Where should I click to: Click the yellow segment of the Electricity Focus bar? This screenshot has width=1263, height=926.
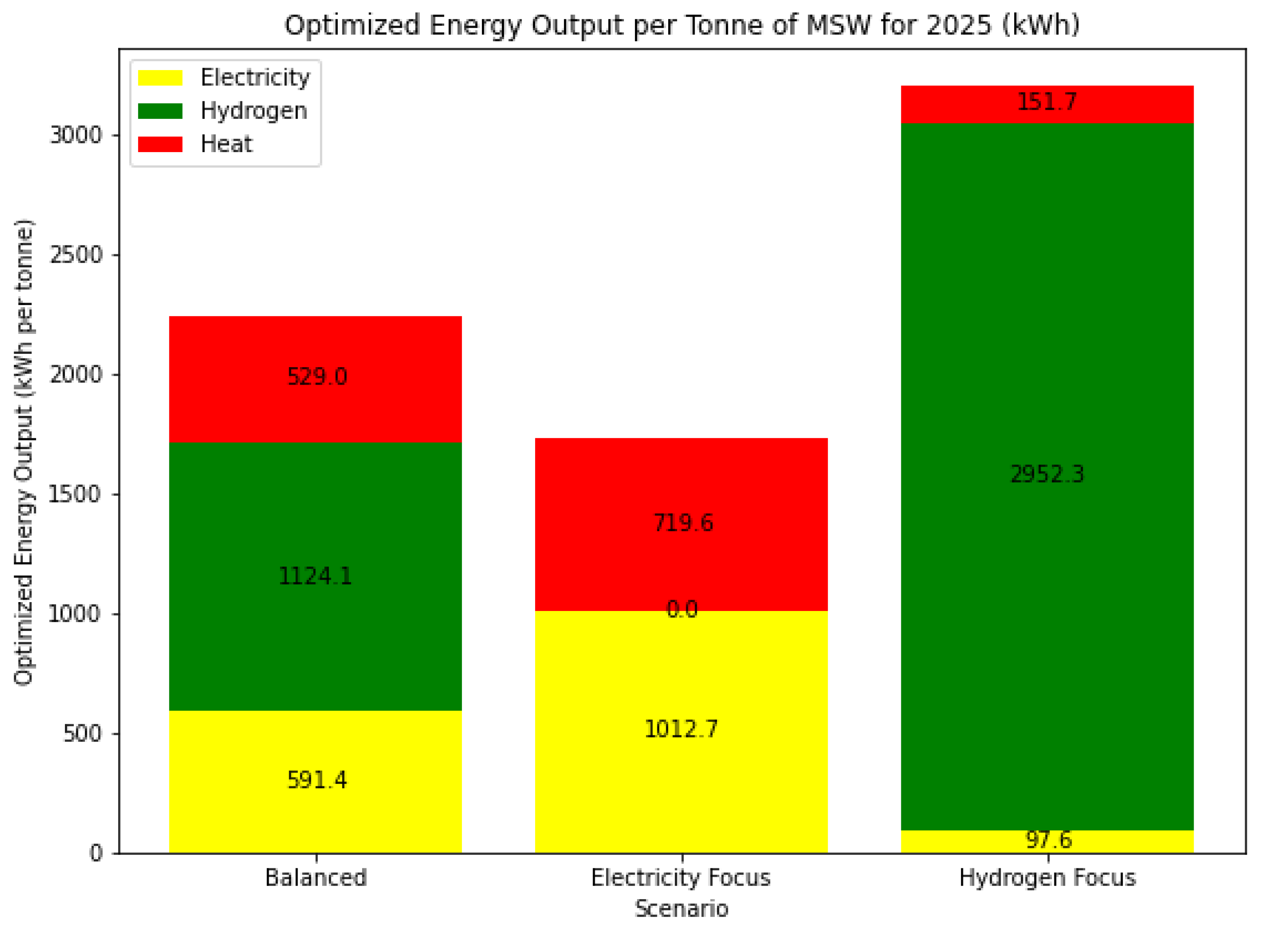(681, 785)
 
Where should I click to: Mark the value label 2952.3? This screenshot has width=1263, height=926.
(1047, 474)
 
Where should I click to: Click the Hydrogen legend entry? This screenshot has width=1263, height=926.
(254, 111)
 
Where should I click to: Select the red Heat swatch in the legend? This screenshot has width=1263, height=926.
(160, 144)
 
